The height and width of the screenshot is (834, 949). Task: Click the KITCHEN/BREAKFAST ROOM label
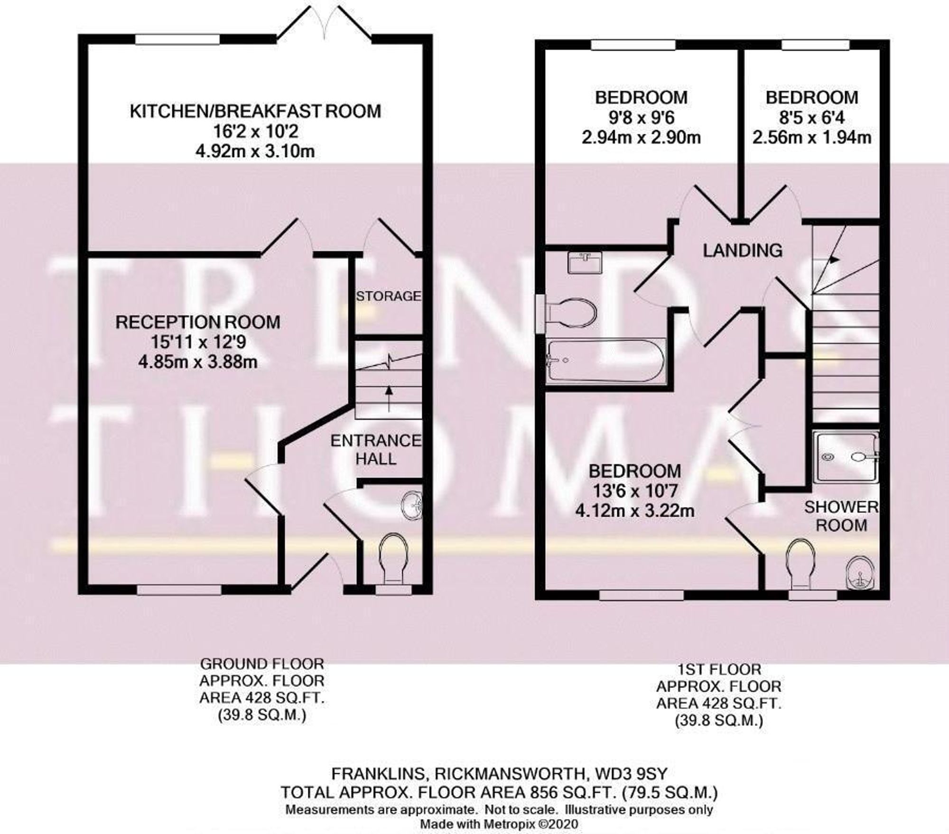(x=255, y=111)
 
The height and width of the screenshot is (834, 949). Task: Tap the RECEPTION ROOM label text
(x=198, y=322)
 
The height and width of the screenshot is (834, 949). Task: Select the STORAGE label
(x=389, y=296)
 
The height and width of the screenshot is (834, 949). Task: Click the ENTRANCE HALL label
(x=376, y=449)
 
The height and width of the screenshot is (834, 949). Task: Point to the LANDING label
(x=743, y=250)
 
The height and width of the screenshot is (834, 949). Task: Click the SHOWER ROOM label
(x=841, y=516)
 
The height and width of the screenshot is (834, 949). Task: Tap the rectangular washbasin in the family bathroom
(x=585, y=262)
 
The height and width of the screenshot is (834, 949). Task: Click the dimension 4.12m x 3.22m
(x=634, y=511)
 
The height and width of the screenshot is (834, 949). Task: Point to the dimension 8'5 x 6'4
(x=812, y=117)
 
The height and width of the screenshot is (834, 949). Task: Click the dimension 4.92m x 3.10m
(x=255, y=152)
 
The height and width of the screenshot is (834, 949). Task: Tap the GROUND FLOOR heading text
(x=262, y=663)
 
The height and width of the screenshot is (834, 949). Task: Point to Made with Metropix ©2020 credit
(x=499, y=824)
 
